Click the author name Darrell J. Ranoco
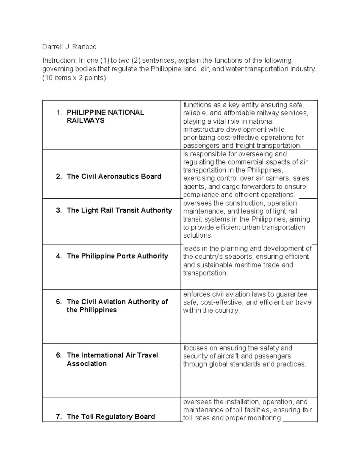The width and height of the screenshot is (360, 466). click(69, 47)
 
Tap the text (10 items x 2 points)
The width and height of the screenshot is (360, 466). click(75, 78)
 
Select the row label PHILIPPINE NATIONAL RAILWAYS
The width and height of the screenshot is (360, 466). click(105, 116)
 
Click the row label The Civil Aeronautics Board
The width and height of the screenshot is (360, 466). click(114, 176)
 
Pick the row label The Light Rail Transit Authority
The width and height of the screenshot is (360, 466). click(119, 210)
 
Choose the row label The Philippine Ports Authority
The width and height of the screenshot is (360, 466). click(117, 256)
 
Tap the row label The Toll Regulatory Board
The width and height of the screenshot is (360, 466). click(111, 416)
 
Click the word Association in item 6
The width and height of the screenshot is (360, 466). click(86, 364)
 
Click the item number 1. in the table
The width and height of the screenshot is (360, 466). click(59, 113)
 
